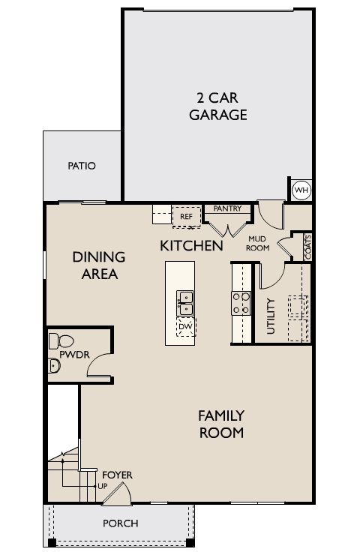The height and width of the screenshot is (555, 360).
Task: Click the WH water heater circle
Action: click(301, 190)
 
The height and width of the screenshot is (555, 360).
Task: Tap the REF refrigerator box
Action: click(187, 216)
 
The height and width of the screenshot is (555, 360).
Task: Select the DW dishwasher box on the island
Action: click(185, 327)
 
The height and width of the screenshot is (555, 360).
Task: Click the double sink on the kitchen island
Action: click(185, 303)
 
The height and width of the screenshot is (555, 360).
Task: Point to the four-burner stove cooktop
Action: click(241, 303)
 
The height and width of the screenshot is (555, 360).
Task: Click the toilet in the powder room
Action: click(61, 341)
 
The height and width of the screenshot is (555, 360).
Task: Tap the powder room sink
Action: click(53, 366)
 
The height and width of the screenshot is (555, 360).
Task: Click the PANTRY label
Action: click(227, 208)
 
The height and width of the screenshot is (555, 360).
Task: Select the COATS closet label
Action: click(307, 247)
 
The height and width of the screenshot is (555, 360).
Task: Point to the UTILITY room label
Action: click(271, 316)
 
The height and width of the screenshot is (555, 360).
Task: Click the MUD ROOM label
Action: click(257, 244)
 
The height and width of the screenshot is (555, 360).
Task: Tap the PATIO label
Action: click(82, 166)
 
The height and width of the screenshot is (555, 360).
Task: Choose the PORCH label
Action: click(120, 523)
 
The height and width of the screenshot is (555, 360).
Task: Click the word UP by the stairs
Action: click(102, 486)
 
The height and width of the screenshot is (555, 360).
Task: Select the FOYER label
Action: click(118, 475)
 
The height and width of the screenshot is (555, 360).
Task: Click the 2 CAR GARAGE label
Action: click(217, 106)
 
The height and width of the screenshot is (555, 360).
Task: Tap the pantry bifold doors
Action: click(227, 229)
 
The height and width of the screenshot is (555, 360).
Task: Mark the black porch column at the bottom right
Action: click(190, 542)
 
